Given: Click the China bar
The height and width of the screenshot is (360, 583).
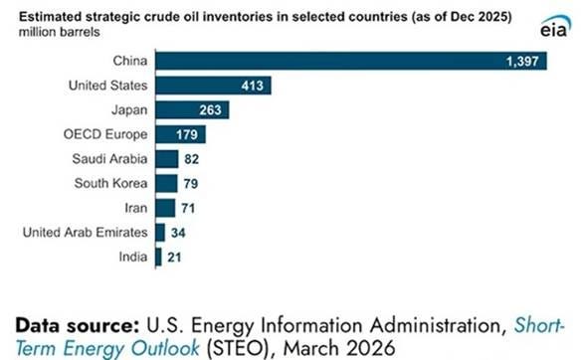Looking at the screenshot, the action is coord(351,61).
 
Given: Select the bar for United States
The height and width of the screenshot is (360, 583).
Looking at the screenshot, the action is coord(214,86).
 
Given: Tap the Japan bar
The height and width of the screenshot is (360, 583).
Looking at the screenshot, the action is coord(193,110).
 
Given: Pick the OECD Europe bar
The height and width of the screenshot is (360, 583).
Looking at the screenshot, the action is coord(181,134).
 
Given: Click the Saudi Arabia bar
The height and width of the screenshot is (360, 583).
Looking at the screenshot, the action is coord(167,159).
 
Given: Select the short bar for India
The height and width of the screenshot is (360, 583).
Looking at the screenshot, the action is coord(159,258).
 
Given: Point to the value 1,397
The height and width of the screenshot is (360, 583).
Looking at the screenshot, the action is coord(522,62).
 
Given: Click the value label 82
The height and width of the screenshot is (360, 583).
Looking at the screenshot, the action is coord(191,159).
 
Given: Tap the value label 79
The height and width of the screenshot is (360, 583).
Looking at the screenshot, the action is coord(191,184).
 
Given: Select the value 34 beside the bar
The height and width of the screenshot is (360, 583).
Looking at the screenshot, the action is coord(178,233).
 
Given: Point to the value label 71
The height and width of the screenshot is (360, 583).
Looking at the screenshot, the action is coord(188,209).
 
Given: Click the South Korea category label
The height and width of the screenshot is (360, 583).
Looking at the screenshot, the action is coord(110,183).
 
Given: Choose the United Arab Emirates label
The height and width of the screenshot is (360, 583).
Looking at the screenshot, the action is coord(86,232).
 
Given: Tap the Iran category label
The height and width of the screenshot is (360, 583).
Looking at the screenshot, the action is coord(136,208).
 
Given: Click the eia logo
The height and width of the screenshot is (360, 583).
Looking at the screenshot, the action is coord(555,27).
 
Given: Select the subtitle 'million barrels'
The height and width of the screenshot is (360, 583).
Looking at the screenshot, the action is coord(60,33).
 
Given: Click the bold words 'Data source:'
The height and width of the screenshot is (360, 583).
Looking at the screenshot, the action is coord(78,325).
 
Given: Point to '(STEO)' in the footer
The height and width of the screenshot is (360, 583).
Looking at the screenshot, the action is coord(237,348).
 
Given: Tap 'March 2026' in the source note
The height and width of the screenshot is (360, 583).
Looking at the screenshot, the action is coord(339,348).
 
